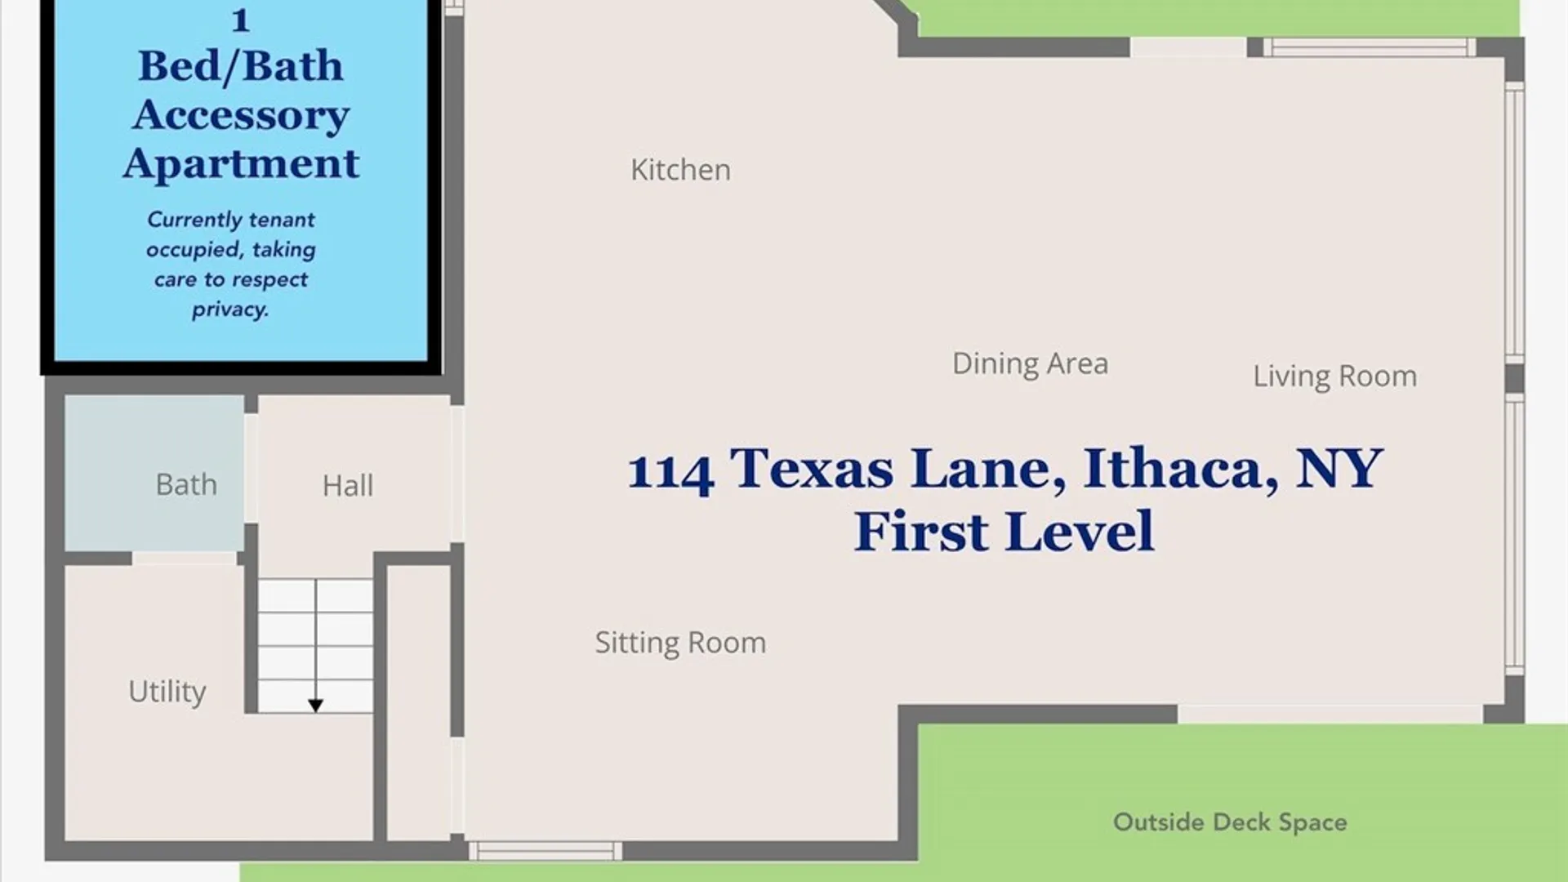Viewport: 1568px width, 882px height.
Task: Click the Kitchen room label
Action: pos(680,170)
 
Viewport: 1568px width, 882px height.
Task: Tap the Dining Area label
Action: pos(1030,363)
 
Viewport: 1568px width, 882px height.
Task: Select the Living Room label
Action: pos(1334,376)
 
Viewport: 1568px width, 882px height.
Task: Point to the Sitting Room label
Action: pos(680,643)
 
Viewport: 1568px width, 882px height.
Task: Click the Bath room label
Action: pos(186,485)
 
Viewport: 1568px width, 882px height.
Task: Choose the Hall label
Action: pos(348,486)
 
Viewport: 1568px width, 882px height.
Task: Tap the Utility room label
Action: pos(167,693)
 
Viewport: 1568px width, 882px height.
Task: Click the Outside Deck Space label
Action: pos(1230,822)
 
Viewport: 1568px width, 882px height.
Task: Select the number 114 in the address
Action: pos(670,472)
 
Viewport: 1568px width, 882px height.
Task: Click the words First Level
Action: pos(1004,532)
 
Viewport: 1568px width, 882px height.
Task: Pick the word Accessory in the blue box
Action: pos(241,115)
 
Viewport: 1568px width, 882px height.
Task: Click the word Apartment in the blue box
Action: pos(241,164)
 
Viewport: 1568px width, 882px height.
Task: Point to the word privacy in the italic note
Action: pos(230,310)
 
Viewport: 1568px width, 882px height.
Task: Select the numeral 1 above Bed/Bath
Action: pos(240,20)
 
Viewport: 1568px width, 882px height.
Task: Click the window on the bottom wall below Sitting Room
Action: pos(546,851)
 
